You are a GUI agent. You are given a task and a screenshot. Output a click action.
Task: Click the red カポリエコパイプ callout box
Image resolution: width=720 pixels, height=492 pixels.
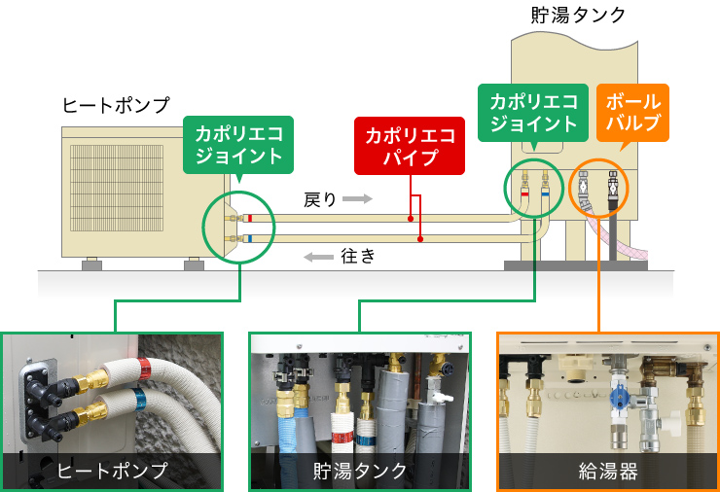pos(410,146)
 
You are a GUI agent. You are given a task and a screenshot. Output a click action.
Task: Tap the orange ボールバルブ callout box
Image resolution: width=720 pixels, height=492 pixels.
pos(633,112)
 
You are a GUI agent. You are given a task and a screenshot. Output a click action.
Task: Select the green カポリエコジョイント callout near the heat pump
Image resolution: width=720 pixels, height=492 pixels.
pos(238,143)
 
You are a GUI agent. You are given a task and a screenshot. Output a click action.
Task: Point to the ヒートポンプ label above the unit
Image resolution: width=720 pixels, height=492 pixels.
pos(116,105)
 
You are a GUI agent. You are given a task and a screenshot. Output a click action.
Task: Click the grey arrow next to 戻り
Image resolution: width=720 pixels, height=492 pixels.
pos(357,199)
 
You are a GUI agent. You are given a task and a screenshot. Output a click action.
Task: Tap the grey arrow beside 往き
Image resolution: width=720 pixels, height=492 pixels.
pos(317,257)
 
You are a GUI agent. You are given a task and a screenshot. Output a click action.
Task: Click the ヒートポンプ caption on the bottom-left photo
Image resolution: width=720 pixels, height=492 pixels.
pos(113,471)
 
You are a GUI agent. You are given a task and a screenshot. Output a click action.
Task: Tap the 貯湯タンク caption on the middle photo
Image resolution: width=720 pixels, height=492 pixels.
pos(361,471)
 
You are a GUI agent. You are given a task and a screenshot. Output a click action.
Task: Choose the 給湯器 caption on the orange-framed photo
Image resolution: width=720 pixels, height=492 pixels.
pos(608,471)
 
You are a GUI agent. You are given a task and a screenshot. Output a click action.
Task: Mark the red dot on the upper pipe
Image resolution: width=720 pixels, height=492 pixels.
pos(411,219)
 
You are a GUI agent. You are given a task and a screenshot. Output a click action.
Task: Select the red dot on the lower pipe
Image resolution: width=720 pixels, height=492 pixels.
pos(420,238)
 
